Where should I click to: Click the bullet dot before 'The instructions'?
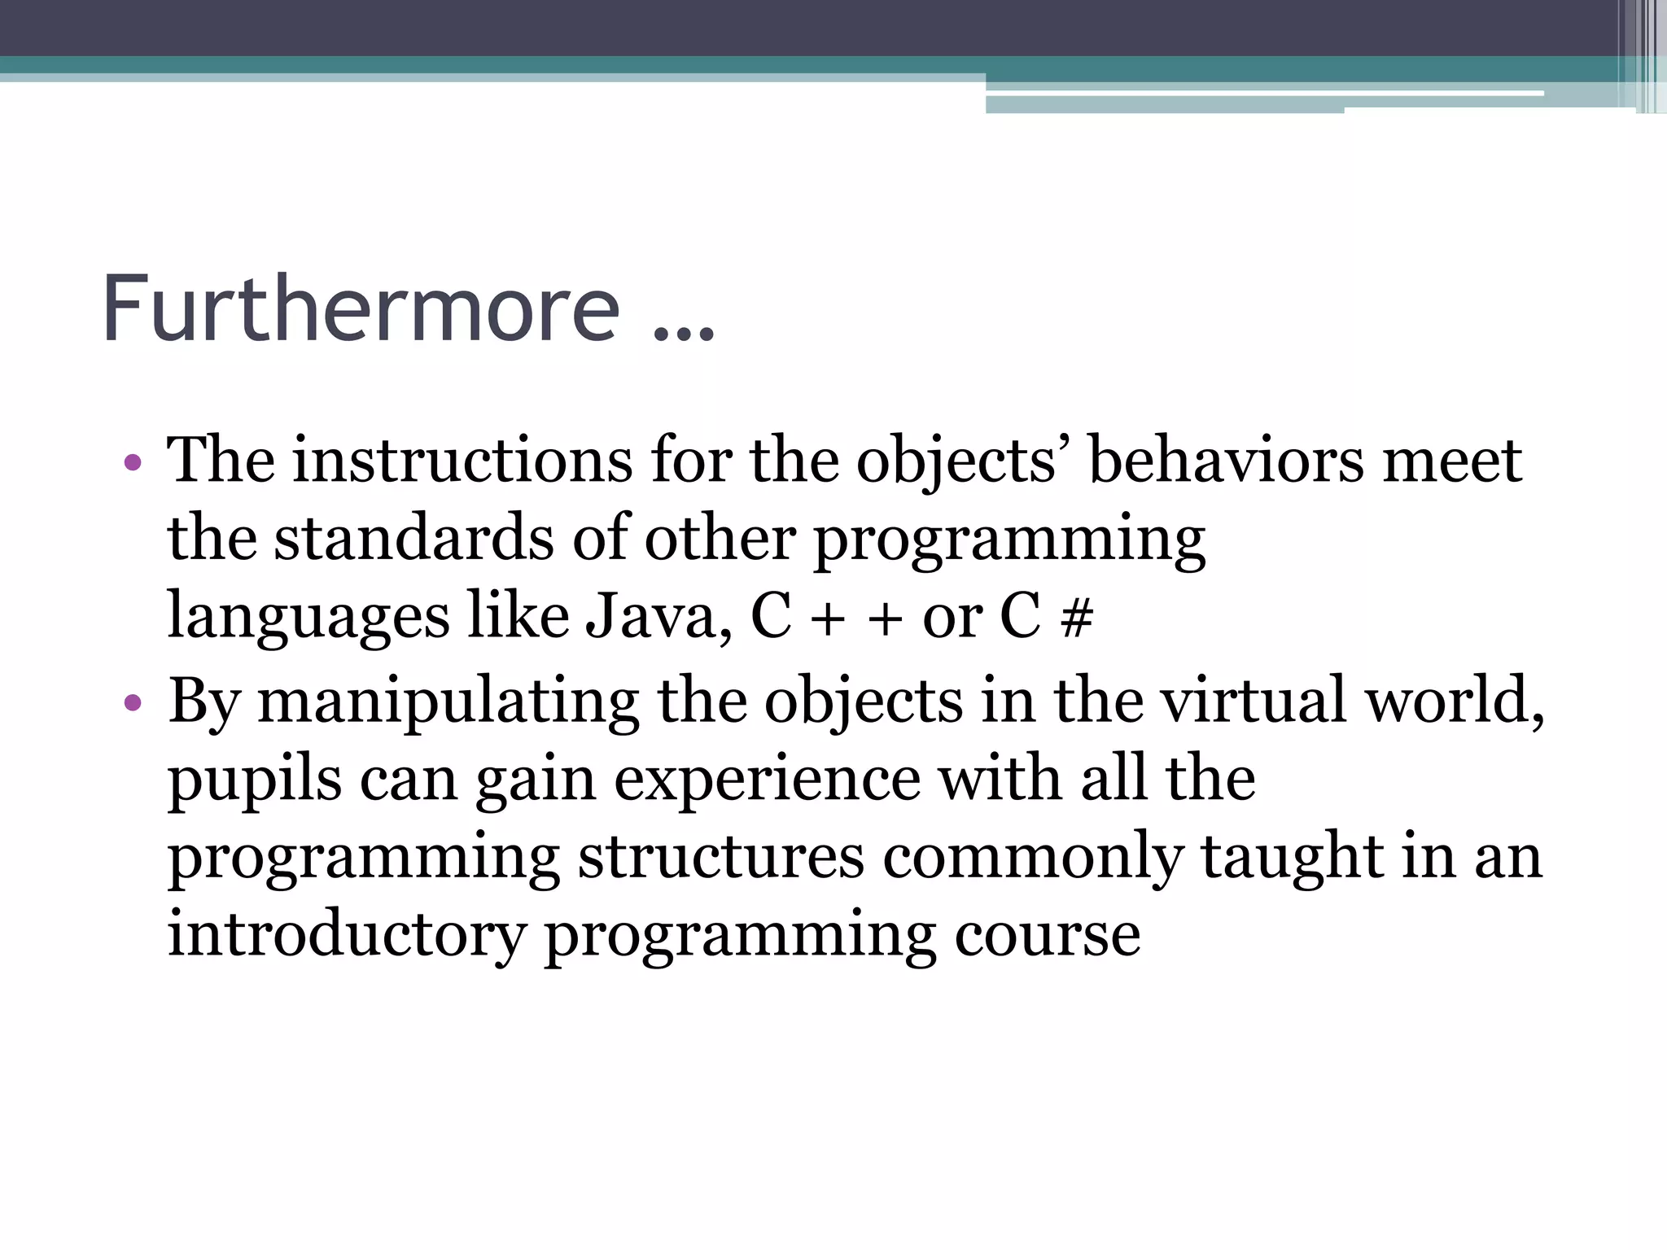(133, 463)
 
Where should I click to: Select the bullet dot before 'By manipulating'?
(133, 702)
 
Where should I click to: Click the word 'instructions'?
(462, 461)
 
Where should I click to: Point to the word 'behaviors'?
(1226, 461)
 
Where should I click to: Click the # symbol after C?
(1076, 618)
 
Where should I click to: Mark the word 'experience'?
(767, 780)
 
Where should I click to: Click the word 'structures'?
(720, 857)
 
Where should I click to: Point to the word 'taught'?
(1291, 857)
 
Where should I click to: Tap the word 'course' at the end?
(1047, 936)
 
